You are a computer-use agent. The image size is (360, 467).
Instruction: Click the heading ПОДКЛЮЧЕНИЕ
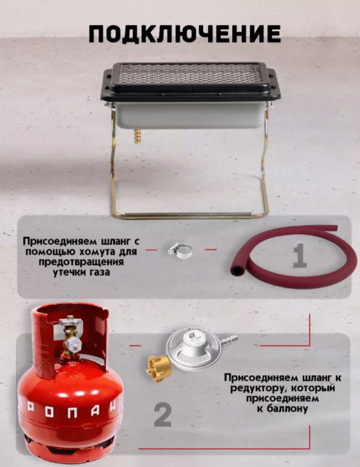point(185,33)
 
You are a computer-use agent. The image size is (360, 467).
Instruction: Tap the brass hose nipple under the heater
point(137,136)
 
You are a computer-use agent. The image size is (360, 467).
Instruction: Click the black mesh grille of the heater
point(190,73)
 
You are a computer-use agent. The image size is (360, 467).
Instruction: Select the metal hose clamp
point(180,250)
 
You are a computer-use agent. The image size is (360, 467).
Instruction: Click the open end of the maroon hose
point(237,270)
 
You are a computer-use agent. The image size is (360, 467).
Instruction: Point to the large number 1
point(299,255)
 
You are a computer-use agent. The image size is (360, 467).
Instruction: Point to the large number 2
point(162,415)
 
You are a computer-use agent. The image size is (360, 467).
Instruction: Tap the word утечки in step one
point(70,272)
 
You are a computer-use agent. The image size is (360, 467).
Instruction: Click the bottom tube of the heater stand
point(188,215)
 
